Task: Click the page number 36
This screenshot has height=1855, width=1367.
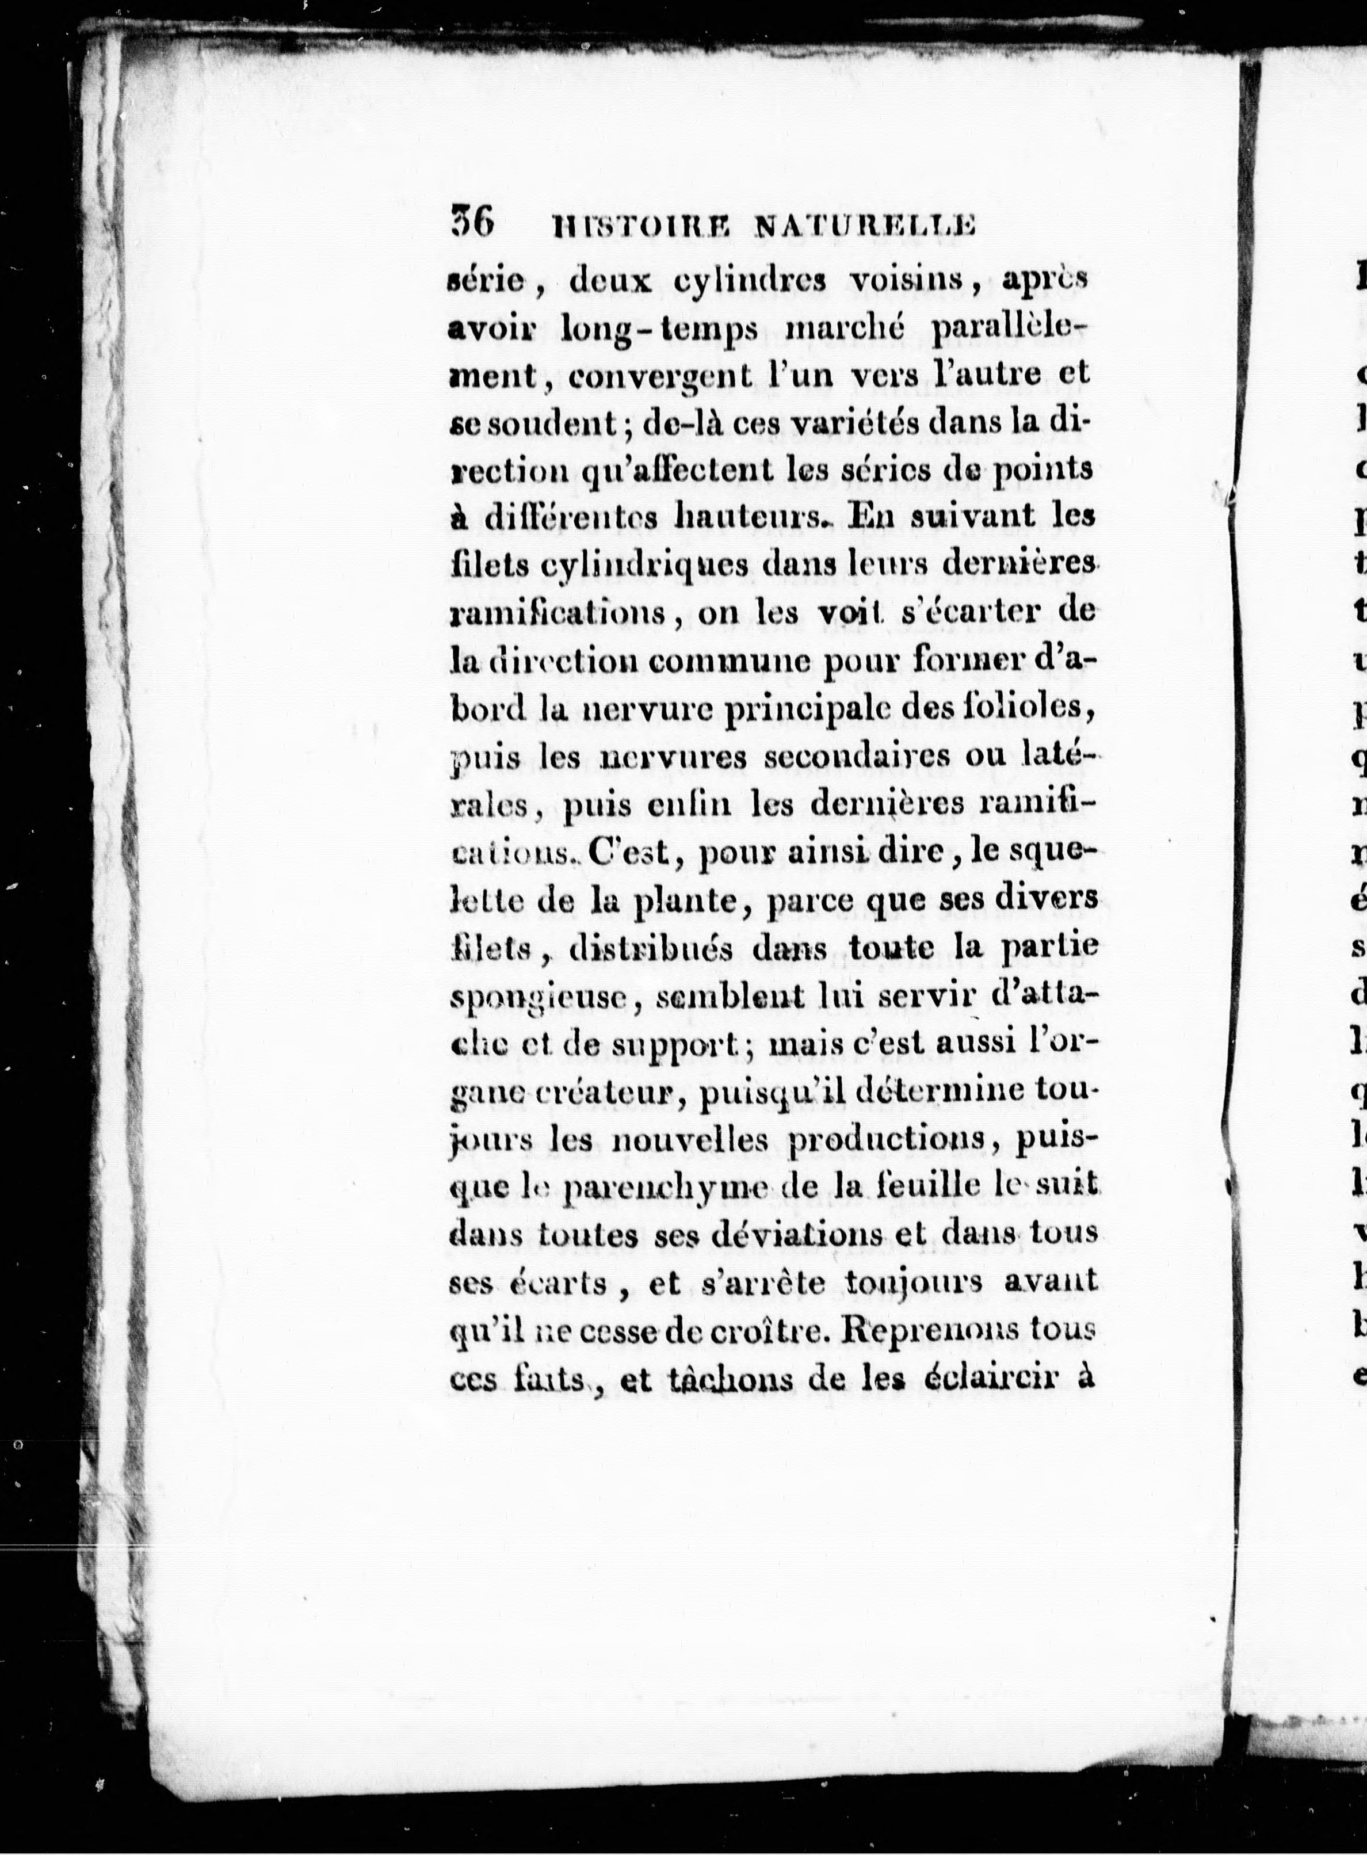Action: coord(472,223)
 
